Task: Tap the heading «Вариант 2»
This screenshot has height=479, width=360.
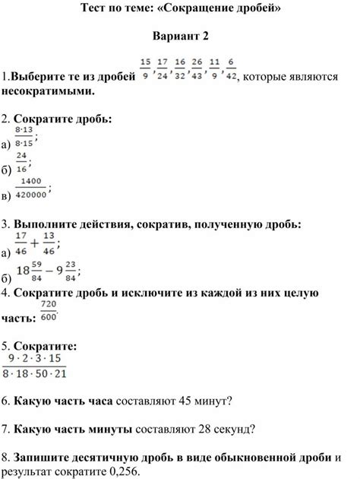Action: pyautogui.click(x=180, y=36)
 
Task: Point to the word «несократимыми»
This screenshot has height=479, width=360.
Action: pyautogui.click(x=48, y=91)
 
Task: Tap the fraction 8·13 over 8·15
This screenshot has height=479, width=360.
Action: pyautogui.click(x=24, y=138)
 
